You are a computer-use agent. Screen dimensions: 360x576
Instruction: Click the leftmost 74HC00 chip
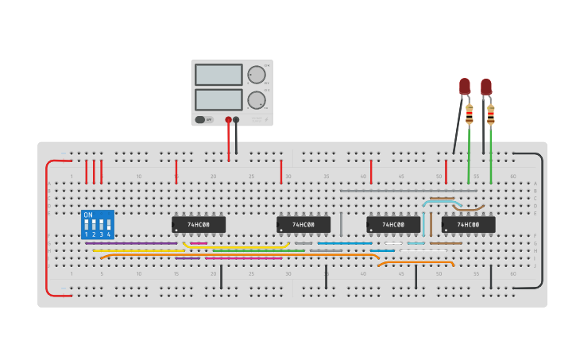199,225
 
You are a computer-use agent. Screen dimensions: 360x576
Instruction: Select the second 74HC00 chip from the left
303,225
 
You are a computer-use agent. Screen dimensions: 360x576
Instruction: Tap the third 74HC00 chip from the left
393,225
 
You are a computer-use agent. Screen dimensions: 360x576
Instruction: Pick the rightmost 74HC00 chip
468,225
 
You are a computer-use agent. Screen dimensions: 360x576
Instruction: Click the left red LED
465,86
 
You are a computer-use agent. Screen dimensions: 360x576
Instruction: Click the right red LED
486,86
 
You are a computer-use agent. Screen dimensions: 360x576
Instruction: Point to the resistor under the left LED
469,114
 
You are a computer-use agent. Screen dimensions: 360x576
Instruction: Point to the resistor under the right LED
491,114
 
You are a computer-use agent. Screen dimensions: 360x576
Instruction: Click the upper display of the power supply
218,75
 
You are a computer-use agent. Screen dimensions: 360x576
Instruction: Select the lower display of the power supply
218,99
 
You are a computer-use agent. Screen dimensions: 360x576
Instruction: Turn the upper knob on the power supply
256,75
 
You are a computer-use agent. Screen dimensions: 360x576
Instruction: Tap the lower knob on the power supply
256,100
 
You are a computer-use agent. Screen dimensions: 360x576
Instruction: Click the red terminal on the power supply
228,120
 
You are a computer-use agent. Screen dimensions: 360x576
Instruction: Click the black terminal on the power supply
236,120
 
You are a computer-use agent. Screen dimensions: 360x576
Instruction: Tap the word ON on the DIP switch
88,215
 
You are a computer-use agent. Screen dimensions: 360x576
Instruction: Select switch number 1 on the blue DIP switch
87,226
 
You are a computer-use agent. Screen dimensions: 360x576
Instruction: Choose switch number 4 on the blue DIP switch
108,226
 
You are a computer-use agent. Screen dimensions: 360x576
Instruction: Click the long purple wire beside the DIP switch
131,243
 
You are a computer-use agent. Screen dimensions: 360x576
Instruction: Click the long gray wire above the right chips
408,191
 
